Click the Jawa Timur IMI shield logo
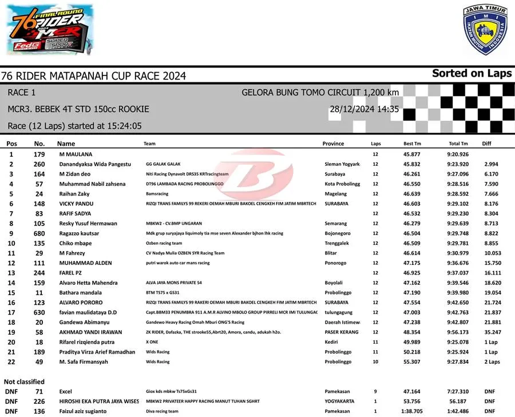pyautogui.click(x=485, y=29)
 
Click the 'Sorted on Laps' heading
pyautogui.click(x=472, y=73)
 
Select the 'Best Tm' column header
pyautogui.click(x=412, y=144)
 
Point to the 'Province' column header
pyautogui.click(x=333, y=144)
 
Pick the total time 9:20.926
pyautogui.click(x=458, y=154)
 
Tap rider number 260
pyautogui.click(x=39, y=164)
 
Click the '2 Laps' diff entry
pyautogui.click(x=492, y=362)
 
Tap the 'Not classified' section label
pyautogui.click(x=24, y=382)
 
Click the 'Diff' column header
pyautogui.click(x=487, y=144)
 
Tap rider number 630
pyautogui.click(x=39, y=312)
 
